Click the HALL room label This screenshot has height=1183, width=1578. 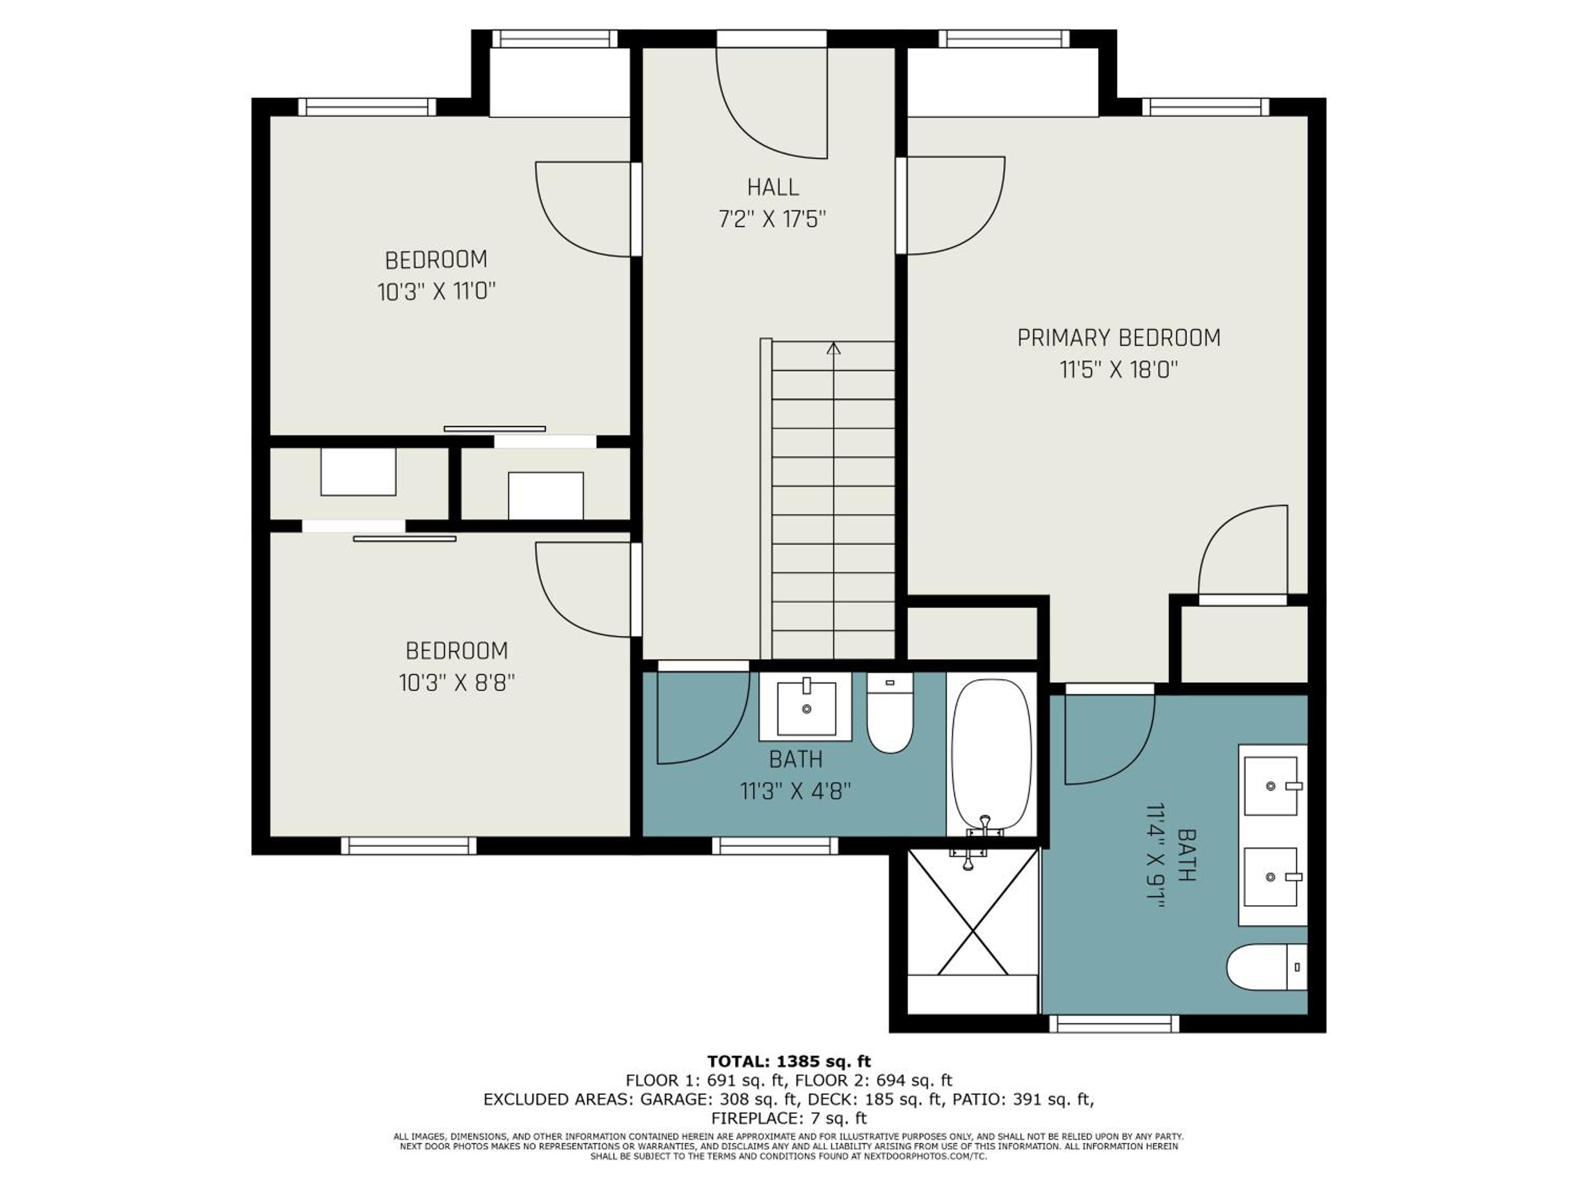pyautogui.click(x=773, y=187)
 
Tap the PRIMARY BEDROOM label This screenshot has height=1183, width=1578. pyautogui.click(x=1119, y=338)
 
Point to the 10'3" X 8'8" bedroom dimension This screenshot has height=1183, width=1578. pyautogui.click(x=457, y=682)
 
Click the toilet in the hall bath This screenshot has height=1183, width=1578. pyautogui.click(x=891, y=712)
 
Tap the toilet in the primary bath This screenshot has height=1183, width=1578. pyautogui.click(x=1267, y=967)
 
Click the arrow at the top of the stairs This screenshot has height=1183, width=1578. pyautogui.click(x=833, y=349)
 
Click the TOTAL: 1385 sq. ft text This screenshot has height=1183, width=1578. pyautogui.click(x=789, y=1062)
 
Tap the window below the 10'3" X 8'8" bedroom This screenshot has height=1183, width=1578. pyautogui.click(x=409, y=845)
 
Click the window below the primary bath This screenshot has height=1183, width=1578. pyautogui.click(x=1114, y=1024)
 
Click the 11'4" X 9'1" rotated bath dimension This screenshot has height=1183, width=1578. pyautogui.click(x=1156, y=855)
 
